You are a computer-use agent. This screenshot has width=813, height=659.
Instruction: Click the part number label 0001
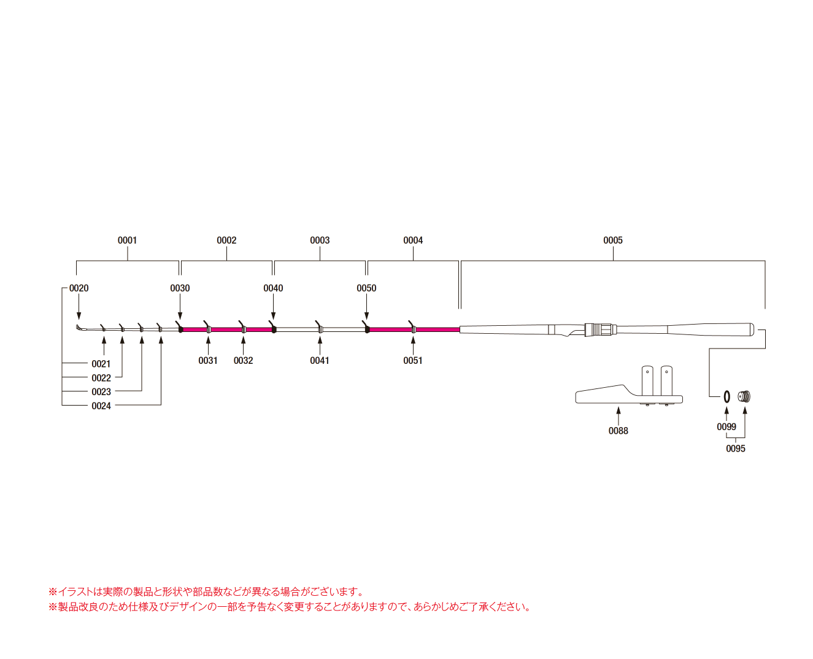click(x=127, y=240)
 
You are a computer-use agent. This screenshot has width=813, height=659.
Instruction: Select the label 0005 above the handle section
click(x=612, y=240)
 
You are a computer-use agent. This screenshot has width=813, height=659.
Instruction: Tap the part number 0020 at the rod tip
click(x=79, y=288)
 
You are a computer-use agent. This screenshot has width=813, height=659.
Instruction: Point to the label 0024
click(x=101, y=406)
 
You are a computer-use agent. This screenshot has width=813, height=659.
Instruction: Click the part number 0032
click(x=243, y=361)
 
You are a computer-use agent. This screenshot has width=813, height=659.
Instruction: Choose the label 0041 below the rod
click(x=320, y=361)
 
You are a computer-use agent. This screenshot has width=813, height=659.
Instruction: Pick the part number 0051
click(x=412, y=361)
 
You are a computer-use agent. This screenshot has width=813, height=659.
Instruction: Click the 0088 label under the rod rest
click(x=618, y=431)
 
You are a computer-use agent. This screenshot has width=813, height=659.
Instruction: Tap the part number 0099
click(x=726, y=426)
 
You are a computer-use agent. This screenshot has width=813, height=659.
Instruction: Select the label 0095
click(x=736, y=449)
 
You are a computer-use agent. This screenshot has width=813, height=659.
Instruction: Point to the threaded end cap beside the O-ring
click(x=744, y=396)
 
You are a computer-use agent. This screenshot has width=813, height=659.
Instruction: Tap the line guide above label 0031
click(x=208, y=328)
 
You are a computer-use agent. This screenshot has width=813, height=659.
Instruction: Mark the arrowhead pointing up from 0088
click(x=618, y=410)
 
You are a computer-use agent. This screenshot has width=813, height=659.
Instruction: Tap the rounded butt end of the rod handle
click(x=752, y=329)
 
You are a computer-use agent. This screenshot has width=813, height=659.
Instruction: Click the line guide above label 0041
click(x=320, y=328)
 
